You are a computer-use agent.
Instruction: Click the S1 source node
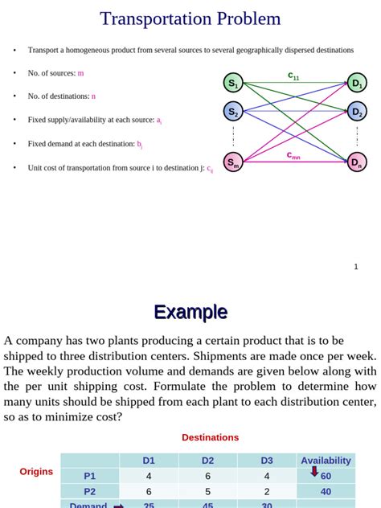pos(233,83)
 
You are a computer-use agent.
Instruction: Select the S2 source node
pos(233,112)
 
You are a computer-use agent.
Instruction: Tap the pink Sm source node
pos(233,162)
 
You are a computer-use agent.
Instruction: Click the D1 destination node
pos(357,83)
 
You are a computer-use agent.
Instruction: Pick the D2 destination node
pos(357,112)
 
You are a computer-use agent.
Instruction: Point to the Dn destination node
pos(357,162)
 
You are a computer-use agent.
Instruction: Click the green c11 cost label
pos(293,76)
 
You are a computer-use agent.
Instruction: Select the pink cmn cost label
pos(293,155)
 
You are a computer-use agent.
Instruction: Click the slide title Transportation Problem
pos(190,18)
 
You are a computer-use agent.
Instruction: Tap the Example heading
pos(190,312)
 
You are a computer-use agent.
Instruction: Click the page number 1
pos(356,266)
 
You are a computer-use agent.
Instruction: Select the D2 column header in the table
pos(208,461)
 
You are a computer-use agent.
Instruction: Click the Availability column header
pos(326,461)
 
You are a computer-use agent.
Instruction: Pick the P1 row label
pos(89,476)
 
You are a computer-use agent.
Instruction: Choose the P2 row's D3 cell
pos(267,491)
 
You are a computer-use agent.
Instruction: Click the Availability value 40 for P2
pos(326,491)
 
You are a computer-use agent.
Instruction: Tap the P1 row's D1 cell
pos(149,476)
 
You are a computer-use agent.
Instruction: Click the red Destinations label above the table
pos(210,437)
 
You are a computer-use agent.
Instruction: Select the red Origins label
pos(36,472)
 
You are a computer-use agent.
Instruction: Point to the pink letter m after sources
pos(80,73)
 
